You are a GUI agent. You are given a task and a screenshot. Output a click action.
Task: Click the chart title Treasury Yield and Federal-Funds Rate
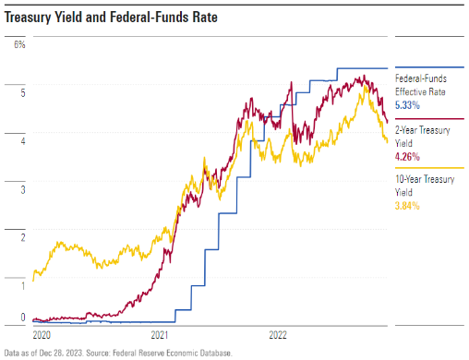(x=111, y=18)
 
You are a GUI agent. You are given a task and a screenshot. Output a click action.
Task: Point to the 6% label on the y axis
(x=19, y=44)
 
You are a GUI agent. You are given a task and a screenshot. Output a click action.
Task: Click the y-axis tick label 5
(x=23, y=93)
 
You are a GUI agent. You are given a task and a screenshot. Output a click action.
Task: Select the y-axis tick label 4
(x=23, y=141)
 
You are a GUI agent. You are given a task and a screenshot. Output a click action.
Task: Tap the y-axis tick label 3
(x=23, y=189)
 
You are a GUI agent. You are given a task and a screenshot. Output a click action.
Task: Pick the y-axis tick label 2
(x=23, y=237)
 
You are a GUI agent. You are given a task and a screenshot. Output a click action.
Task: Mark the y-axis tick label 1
(x=23, y=286)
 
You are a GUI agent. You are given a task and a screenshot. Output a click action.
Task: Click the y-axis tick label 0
(x=23, y=317)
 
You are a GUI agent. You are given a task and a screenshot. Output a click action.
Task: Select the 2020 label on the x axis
(x=42, y=335)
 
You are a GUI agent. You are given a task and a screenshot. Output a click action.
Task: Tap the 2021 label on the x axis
(x=160, y=335)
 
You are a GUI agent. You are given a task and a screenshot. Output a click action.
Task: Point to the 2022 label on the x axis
(x=278, y=335)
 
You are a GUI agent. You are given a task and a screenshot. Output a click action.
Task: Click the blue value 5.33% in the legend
(x=407, y=105)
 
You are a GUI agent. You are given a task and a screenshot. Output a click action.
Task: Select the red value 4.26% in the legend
(x=407, y=157)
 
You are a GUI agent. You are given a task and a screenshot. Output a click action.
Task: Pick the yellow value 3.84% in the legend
(x=407, y=206)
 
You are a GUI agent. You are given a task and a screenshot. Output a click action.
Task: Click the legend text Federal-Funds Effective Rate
(x=421, y=85)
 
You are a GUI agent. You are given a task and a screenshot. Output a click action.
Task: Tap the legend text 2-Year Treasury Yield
(x=423, y=137)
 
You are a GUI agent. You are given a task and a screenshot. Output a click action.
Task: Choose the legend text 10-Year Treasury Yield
(x=425, y=186)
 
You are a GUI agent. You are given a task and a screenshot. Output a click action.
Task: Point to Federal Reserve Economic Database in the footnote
(x=172, y=353)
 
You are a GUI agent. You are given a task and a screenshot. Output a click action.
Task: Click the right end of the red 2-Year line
(x=387, y=122)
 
